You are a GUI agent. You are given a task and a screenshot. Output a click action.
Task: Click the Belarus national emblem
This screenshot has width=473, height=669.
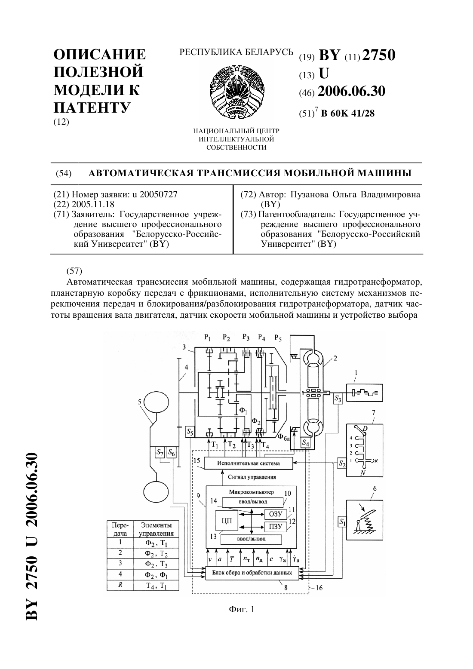(x=236, y=92)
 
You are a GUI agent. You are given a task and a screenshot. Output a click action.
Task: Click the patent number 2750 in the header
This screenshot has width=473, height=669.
(x=379, y=55)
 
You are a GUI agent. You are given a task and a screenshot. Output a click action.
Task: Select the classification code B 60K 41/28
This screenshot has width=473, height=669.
(x=347, y=114)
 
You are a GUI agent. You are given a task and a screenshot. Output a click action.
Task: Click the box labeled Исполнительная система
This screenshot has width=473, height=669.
(x=249, y=463)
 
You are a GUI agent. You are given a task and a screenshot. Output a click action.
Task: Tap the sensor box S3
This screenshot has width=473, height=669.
(x=338, y=399)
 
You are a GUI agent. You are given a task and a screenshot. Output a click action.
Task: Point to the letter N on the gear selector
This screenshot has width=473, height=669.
(x=363, y=473)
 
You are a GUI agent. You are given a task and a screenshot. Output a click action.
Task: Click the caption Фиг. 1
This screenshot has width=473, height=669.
(x=242, y=609)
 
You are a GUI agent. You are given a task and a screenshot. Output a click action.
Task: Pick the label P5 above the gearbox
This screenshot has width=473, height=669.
(x=278, y=338)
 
